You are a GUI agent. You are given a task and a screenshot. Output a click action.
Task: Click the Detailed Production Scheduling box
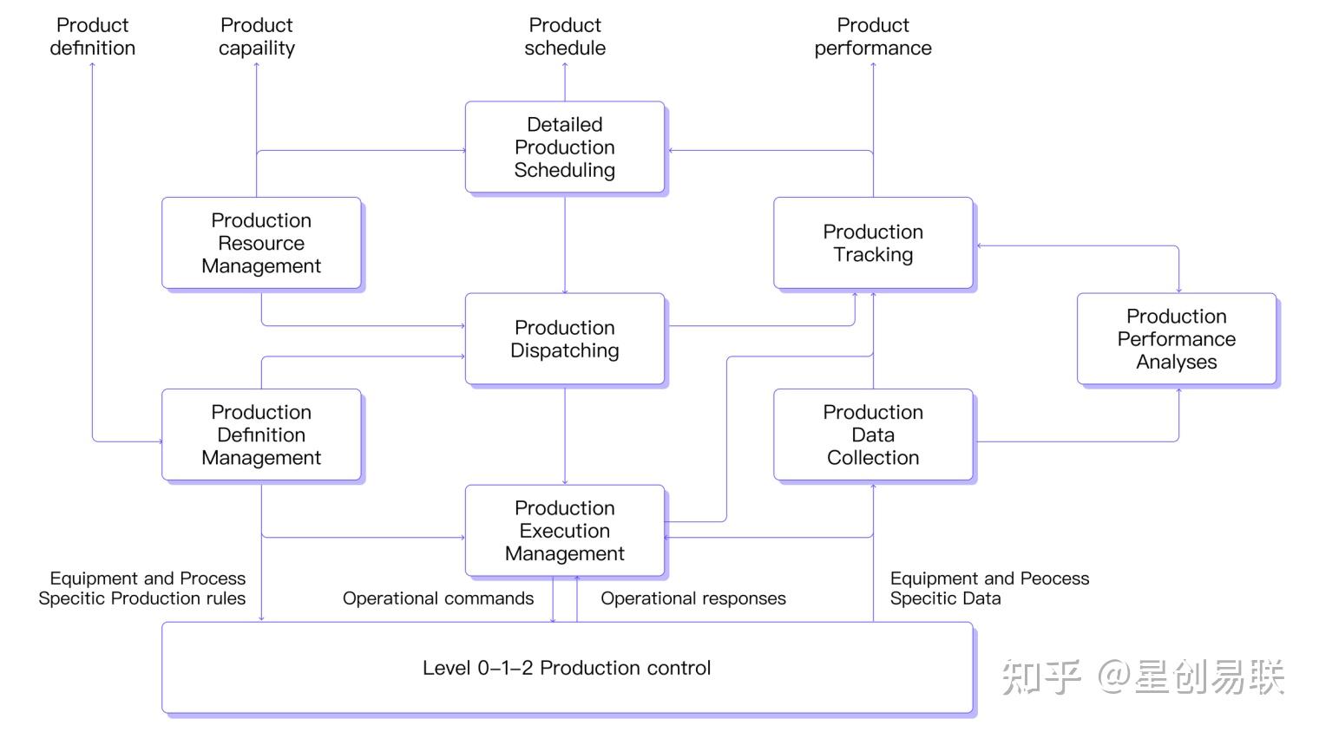[x=565, y=147]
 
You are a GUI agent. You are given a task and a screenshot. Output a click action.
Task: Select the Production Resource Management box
[x=261, y=243]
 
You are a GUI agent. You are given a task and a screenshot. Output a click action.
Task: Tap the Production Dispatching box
[x=565, y=339]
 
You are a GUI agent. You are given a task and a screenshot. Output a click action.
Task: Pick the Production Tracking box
[x=873, y=243]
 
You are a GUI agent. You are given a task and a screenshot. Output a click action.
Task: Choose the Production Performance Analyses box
[x=1177, y=339]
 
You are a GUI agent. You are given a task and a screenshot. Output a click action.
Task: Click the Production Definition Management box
[x=261, y=435]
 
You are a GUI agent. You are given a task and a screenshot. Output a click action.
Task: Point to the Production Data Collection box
[x=873, y=435]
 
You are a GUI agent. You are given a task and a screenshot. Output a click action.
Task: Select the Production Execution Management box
[x=565, y=531]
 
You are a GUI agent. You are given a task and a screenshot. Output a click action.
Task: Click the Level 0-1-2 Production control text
[x=567, y=668]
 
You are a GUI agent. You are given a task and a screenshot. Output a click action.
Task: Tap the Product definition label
[x=93, y=36]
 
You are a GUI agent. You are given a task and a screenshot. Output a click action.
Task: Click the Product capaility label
[x=257, y=36]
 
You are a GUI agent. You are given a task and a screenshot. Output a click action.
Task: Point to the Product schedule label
[x=565, y=36]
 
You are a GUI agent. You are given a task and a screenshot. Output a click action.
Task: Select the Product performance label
[x=873, y=36]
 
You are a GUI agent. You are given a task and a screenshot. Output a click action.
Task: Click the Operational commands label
[x=438, y=598]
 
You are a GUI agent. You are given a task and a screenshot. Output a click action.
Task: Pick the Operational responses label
[x=693, y=598]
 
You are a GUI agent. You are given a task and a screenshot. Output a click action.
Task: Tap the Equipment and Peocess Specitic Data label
[x=989, y=588]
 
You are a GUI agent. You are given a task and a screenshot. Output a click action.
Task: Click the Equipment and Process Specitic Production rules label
[x=142, y=588]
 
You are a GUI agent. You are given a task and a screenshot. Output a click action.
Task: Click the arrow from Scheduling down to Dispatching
[x=565, y=245]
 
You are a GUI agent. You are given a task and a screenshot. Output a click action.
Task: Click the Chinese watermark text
[x=1142, y=676]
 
